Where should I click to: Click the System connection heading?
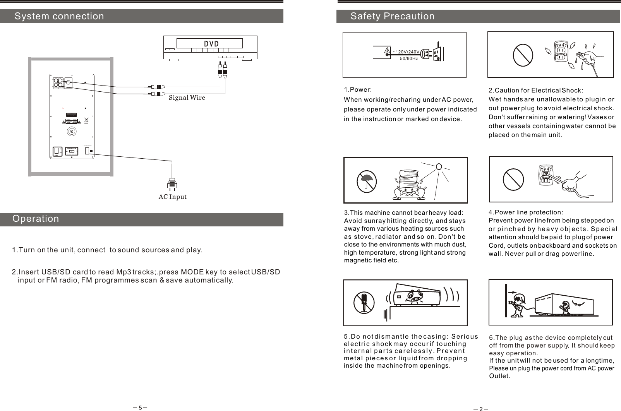[59, 16]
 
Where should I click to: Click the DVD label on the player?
[211, 43]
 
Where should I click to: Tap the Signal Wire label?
[187, 98]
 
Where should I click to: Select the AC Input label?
[173, 197]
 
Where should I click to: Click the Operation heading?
[36, 219]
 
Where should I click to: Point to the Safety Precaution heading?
[392, 16]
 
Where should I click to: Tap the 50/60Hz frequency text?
[408, 59]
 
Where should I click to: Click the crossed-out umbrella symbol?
[366, 180]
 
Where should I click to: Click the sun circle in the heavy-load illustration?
[439, 167]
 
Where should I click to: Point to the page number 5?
[141, 407]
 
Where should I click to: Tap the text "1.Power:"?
[358, 90]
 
